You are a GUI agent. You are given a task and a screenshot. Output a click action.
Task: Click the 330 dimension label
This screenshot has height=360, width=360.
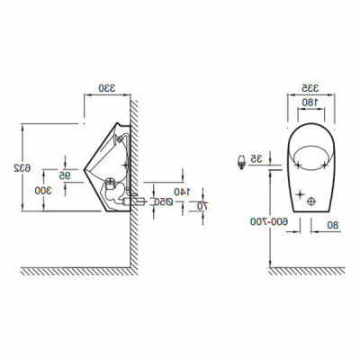coord(107,87)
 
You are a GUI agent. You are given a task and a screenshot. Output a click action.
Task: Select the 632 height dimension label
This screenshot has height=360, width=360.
coord(17,167)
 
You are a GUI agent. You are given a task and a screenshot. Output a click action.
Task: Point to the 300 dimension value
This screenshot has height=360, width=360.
coord(42,190)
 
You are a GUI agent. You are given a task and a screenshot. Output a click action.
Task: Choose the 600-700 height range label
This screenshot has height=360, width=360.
coord(257,220)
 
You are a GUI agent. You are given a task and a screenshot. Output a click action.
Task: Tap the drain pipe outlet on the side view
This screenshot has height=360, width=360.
coord(136,193)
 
